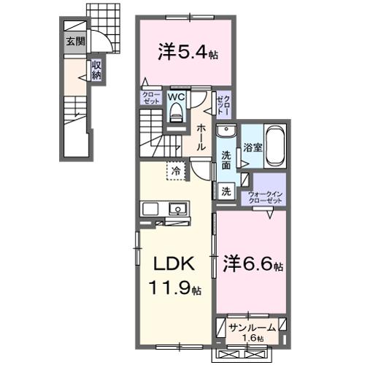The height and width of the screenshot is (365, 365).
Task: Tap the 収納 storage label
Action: pyautogui.click(x=96, y=70)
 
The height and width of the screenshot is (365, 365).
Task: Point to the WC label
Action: pyautogui.click(x=176, y=96)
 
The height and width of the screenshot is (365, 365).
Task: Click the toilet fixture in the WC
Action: pyautogui.click(x=177, y=110)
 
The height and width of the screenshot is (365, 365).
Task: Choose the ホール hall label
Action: pyautogui.click(x=201, y=137)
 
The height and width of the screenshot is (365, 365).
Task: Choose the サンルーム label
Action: pyautogui.click(x=252, y=327)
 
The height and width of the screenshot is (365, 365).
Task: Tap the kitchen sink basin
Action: pyautogui.click(x=177, y=210)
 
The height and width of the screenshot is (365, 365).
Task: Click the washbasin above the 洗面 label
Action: pyautogui.click(x=227, y=134)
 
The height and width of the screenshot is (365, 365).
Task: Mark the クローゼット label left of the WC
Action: pyautogui.click(x=151, y=97)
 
